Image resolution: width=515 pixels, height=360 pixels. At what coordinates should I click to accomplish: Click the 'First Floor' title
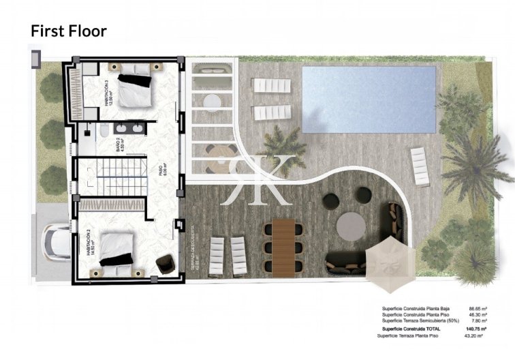coord(68,31)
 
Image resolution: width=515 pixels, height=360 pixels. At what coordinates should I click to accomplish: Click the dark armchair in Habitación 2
coord(164,262)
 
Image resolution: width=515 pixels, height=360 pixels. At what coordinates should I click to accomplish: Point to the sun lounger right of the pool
coord(420,166)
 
